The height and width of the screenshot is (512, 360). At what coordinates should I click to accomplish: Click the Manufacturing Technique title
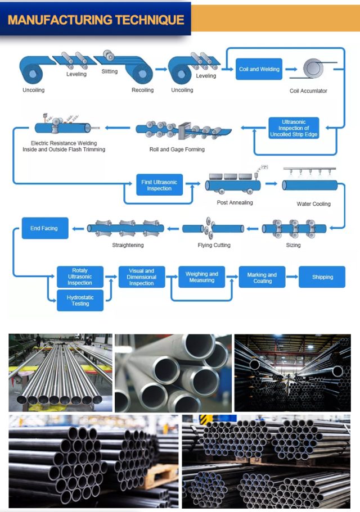pos(96,20)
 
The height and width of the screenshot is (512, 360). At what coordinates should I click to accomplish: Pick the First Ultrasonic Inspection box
pos(159,185)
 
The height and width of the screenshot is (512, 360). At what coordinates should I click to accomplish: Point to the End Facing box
pos(44,229)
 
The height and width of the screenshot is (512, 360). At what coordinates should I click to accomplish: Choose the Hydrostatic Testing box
pos(80,300)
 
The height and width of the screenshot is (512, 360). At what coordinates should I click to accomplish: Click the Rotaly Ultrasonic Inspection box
pos(80,277)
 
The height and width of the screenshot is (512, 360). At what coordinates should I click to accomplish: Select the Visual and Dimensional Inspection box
pos(141,277)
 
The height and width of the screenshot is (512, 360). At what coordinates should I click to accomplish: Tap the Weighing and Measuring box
pos(201,277)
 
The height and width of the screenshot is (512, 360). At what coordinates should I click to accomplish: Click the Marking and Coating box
pos(262,277)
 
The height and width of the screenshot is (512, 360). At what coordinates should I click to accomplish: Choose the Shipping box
pos(322,277)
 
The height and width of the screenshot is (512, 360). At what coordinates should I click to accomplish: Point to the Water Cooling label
pos(313,204)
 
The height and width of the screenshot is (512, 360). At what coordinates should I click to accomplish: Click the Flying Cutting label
pos(214,245)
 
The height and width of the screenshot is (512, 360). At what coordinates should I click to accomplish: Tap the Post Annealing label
pos(235,202)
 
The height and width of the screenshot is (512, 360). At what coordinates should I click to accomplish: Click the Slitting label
pos(110,72)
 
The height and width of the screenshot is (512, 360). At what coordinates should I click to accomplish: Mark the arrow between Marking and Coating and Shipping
pos(292,277)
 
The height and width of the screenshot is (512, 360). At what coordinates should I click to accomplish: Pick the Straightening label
pos(128,245)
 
